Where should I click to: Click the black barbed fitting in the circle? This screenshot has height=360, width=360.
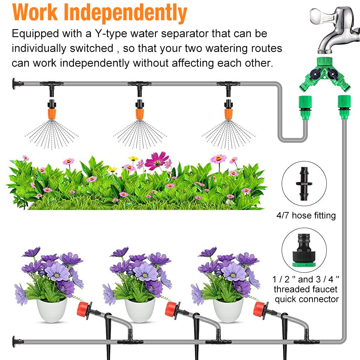point(304,184)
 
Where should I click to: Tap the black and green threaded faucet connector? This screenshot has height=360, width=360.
point(304,250)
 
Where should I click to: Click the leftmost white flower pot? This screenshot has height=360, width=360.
point(52,310)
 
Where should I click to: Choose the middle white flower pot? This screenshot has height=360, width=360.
point(140,310)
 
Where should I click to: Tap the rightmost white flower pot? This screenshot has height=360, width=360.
point(228,310)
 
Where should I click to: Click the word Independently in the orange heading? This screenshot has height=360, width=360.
point(126,13)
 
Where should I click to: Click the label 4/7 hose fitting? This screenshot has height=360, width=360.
point(306,216)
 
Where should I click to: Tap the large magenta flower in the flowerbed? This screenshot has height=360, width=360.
point(157,160)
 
